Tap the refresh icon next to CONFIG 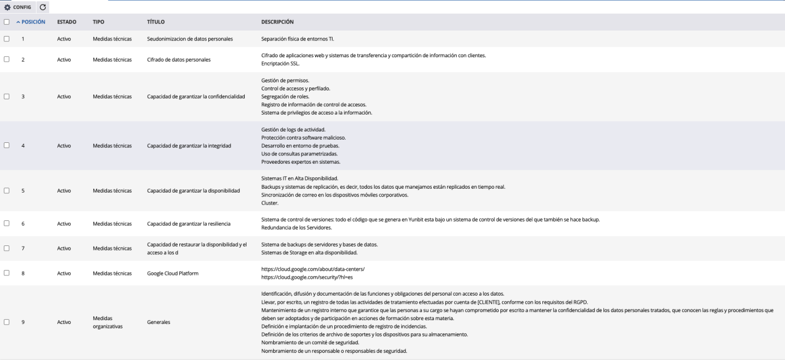pos(43,7)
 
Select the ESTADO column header pos(67,22)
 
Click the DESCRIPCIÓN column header pos(277,22)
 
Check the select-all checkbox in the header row pos(6,22)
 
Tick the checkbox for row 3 pos(6,97)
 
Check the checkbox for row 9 pos(6,322)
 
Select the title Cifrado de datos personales pos(179,59)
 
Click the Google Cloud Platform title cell pos(173,273)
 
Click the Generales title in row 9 pos(159,322)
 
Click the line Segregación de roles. pos(286,97)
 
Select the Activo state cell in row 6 pos(64,224)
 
